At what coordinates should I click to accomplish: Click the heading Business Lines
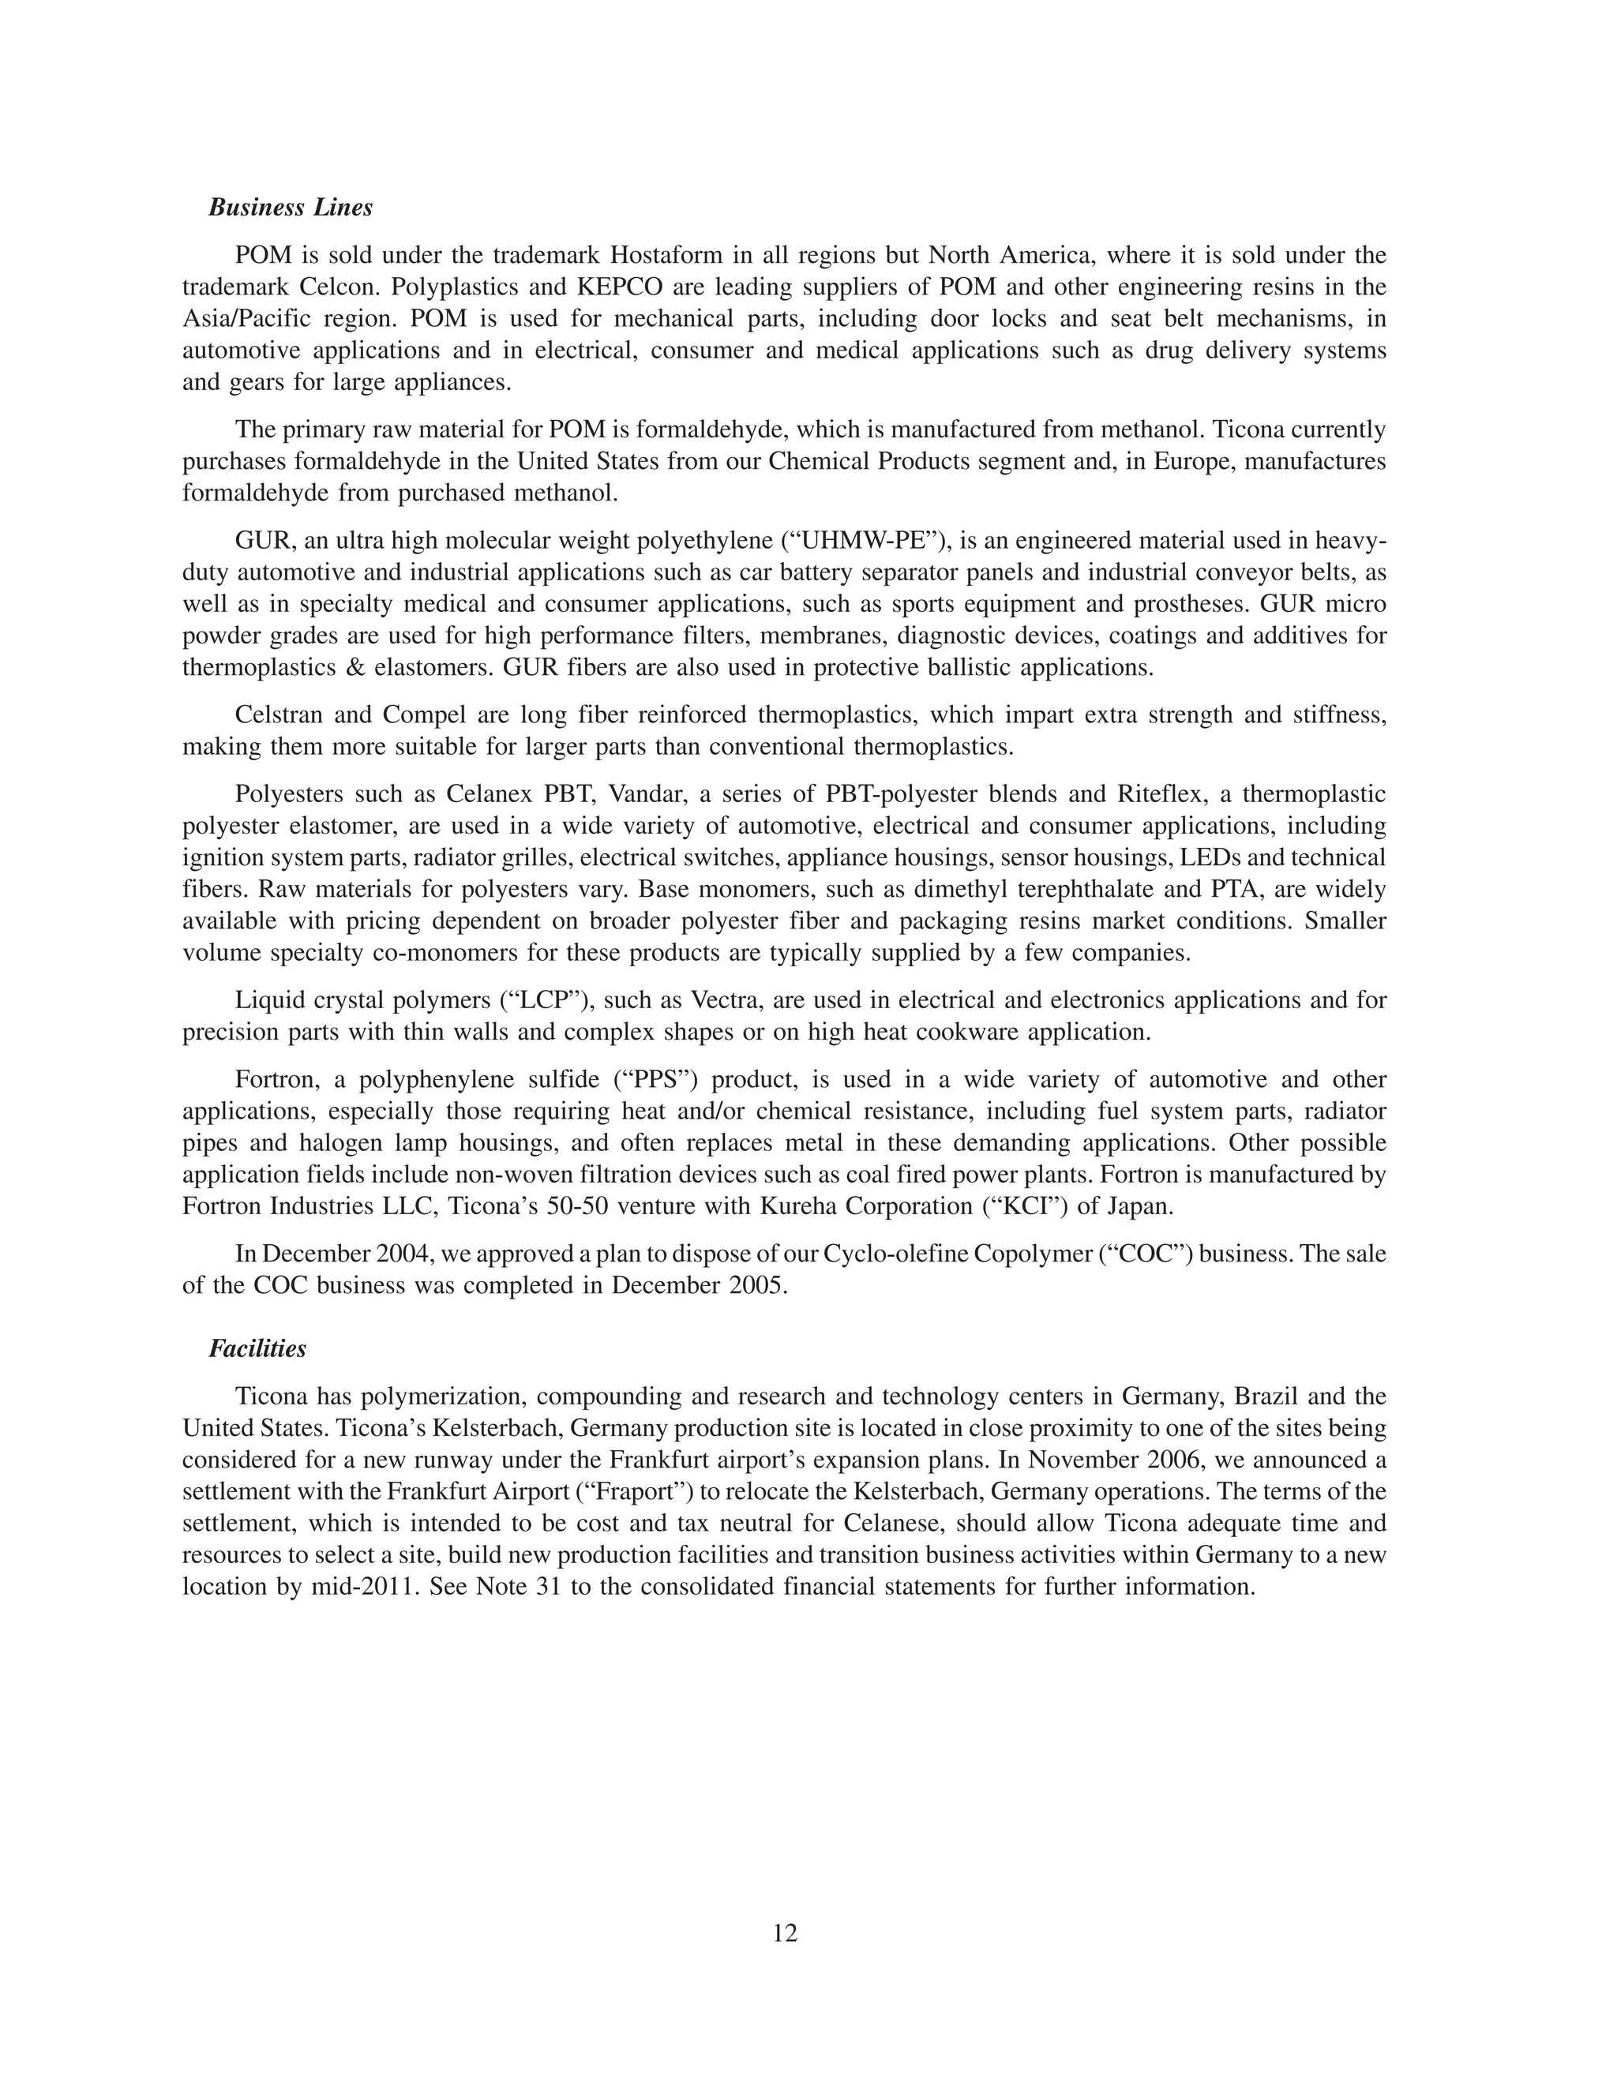(291, 208)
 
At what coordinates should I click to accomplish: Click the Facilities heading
(257, 1348)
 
